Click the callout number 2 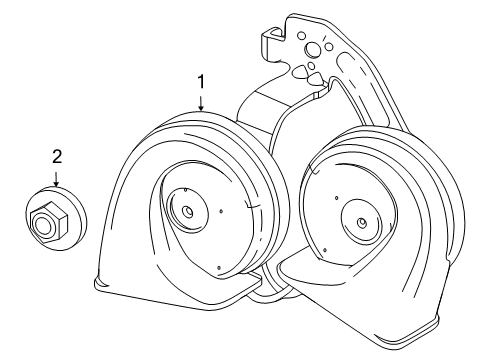57,155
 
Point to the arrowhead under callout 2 57,185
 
